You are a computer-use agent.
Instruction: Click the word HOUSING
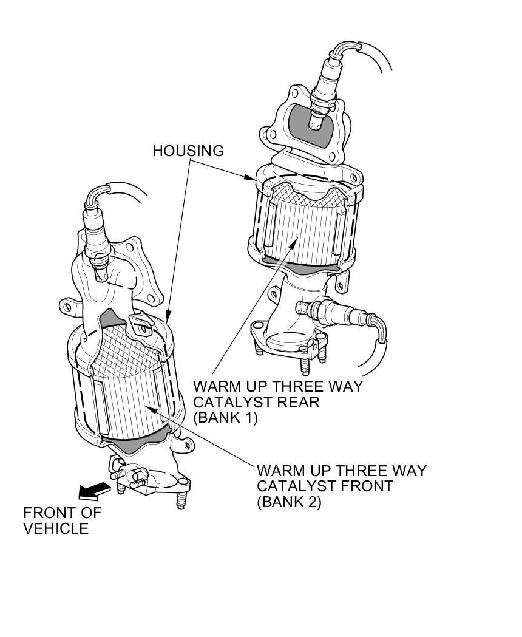click(188, 151)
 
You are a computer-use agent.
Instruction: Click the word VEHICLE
click(56, 528)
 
